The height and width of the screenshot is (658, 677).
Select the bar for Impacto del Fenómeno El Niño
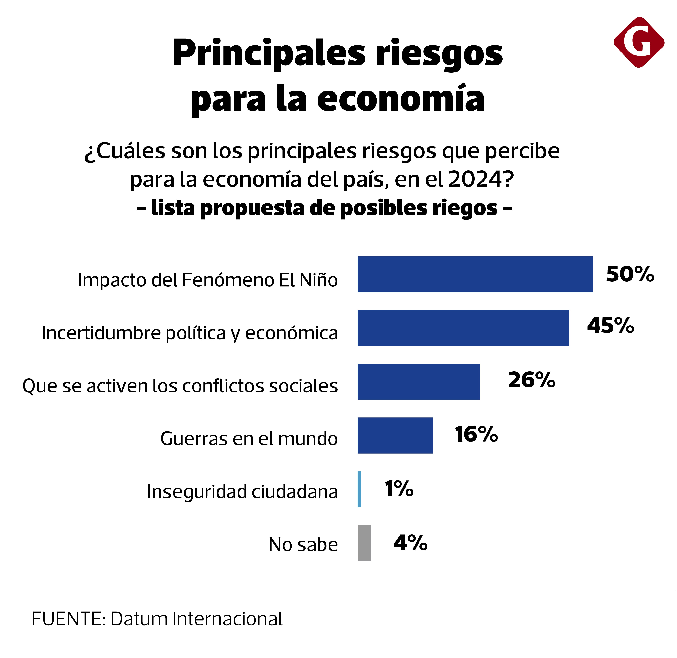pos(475,274)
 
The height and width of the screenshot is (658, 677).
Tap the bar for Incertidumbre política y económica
pos(463,328)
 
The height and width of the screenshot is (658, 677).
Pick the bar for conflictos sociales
pos(418,382)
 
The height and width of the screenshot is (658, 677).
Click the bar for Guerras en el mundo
pos(395,435)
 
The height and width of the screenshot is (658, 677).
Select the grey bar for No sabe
pos(364,543)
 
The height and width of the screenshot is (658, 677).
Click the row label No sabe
pos(303,545)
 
